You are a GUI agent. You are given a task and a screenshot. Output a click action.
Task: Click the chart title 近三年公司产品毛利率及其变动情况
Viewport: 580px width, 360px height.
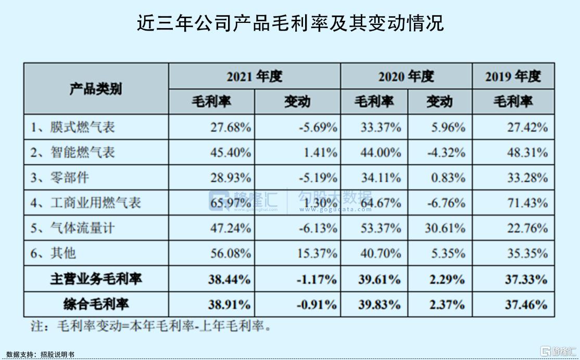(x=290, y=23)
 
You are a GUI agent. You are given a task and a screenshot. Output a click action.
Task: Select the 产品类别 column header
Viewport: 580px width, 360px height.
(x=96, y=89)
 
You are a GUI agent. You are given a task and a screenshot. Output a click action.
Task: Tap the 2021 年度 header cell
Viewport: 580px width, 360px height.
(x=254, y=76)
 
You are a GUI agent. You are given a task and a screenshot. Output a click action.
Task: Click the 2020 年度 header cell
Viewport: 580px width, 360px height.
(x=406, y=76)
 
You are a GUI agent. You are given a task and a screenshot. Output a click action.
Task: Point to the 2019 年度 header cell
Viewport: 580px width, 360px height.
(x=513, y=76)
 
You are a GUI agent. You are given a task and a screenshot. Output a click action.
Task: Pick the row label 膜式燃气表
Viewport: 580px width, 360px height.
(x=82, y=127)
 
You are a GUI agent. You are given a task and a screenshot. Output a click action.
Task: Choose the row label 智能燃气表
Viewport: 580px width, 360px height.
(x=82, y=152)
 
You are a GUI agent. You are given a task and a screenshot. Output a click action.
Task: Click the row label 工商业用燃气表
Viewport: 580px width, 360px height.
(x=95, y=203)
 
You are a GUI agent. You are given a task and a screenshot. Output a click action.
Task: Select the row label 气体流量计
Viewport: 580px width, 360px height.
(x=82, y=228)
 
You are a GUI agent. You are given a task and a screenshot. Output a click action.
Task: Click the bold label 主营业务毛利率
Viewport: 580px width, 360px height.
(x=96, y=279)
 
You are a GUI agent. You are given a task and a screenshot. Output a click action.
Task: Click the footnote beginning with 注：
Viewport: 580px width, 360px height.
(x=151, y=327)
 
